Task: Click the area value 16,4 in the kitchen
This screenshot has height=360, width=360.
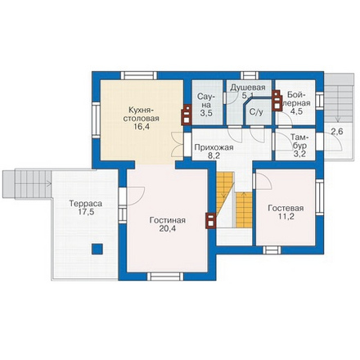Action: coord(142,127)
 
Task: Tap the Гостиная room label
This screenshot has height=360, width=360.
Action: coord(168,220)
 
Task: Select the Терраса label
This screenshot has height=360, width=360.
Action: coord(86,204)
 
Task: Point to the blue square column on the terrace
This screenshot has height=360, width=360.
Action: coord(97,249)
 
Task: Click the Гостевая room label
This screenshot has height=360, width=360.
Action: coord(286,209)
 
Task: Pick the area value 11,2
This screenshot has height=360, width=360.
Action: coord(286,217)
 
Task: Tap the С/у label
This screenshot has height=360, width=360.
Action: coord(256,112)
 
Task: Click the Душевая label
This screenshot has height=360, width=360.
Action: coord(248,88)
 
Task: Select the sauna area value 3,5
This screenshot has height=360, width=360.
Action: coord(206,113)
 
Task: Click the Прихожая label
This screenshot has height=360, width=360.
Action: coord(214,147)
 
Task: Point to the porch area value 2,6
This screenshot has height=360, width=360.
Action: coord(337,132)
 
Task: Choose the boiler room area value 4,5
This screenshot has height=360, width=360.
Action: coord(296,111)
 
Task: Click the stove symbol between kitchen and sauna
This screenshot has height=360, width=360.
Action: coord(187,115)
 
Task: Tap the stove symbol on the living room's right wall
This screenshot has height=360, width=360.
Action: coord(211,221)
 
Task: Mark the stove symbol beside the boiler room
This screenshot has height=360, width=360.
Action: coord(277,101)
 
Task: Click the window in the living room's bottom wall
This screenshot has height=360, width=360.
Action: coord(165,277)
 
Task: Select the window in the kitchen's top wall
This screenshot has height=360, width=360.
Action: coord(139,75)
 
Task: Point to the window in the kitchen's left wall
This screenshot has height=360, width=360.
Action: coord(96,120)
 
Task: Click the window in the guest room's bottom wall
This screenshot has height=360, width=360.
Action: coord(272,250)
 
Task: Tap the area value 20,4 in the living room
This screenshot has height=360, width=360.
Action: coord(168,229)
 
